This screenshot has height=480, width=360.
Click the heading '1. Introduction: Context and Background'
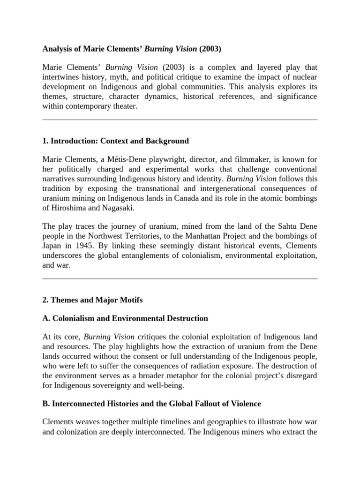(x=115, y=141)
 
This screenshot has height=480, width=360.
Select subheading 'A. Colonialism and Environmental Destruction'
(x=125, y=318)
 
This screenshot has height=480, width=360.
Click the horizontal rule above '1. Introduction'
(x=180, y=120)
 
